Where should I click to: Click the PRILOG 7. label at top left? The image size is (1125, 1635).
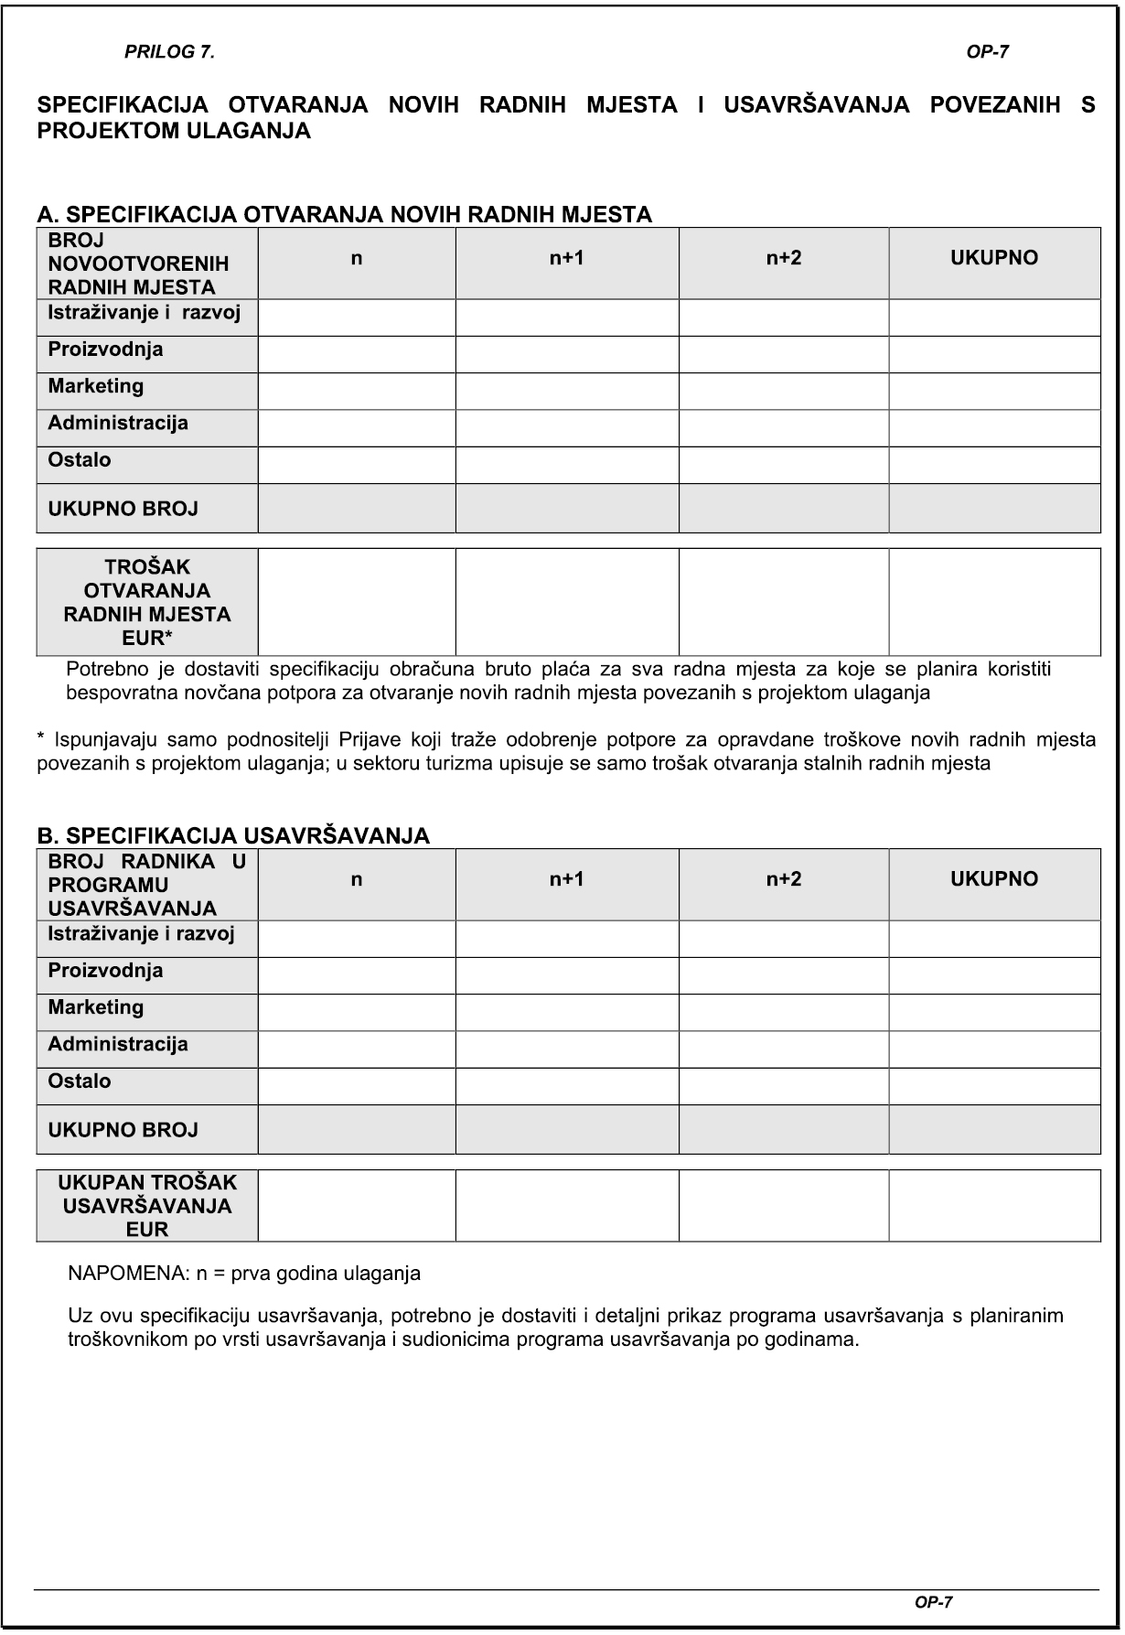pyautogui.click(x=169, y=53)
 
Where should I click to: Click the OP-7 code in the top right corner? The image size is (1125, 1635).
pyautogui.click(x=987, y=53)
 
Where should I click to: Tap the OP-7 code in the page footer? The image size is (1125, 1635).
pyautogui.click(x=934, y=1602)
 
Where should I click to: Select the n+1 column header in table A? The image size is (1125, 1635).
pyautogui.click(x=566, y=259)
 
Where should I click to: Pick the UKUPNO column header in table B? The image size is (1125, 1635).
pyautogui.click(x=994, y=880)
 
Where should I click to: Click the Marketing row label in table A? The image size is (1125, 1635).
pyautogui.click(x=96, y=386)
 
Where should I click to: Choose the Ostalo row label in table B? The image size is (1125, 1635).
pyautogui.click(x=80, y=1081)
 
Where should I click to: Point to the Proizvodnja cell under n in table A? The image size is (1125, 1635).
pyautogui.click(x=357, y=354)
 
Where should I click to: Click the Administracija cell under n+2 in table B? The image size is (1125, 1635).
pyautogui.click(x=784, y=1049)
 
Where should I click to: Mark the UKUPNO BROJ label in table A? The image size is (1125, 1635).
pyautogui.click(x=123, y=510)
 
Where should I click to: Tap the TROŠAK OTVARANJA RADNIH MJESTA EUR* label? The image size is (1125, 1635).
pyautogui.click(x=147, y=602)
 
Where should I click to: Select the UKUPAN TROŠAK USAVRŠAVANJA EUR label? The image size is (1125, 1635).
pyautogui.click(x=147, y=1206)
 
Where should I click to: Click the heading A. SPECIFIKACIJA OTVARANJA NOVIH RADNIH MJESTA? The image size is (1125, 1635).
pyautogui.click(x=344, y=215)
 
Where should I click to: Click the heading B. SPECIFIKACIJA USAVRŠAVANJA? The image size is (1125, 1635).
pyautogui.click(x=233, y=836)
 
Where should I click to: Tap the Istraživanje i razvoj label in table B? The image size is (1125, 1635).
pyautogui.click(x=141, y=934)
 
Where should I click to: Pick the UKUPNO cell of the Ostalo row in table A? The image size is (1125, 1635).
pyautogui.click(x=994, y=465)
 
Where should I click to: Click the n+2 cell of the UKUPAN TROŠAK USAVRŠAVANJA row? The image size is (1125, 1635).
pyautogui.click(x=784, y=1206)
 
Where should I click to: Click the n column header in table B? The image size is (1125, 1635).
pyautogui.click(x=357, y=880)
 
